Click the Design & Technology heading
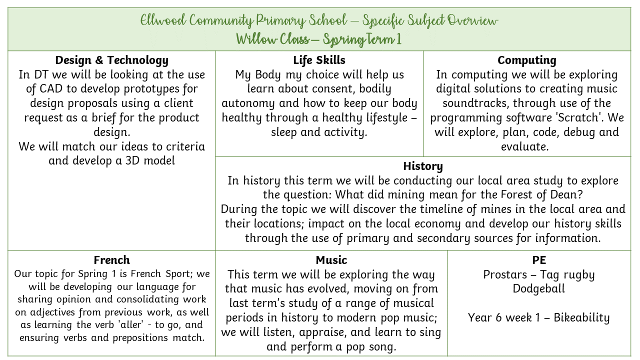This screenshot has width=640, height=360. [x=111, y=60]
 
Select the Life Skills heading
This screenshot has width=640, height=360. [x=319, y=60]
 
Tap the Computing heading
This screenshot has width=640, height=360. [x=526, y=60]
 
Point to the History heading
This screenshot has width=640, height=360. [x=423, y=166]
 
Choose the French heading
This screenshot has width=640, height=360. [x=111, y=260]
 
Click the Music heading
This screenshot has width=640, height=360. [x=331, y=260]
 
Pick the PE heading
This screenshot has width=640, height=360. [x=539, y=260]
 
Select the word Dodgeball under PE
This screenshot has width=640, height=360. [x=538, y=289]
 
